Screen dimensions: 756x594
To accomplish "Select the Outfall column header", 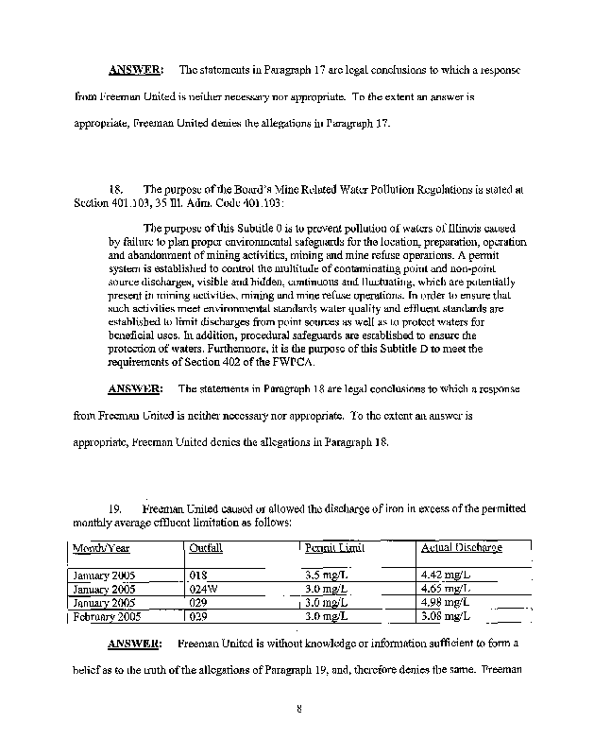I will (206, 547).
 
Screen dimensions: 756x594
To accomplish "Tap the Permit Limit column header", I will (335, 547).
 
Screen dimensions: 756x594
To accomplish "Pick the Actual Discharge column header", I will (461, 547).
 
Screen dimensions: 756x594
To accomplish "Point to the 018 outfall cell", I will (197, 574).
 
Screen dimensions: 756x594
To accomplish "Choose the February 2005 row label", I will (104, 615).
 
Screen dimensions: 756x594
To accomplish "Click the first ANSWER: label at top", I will (136, 69).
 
